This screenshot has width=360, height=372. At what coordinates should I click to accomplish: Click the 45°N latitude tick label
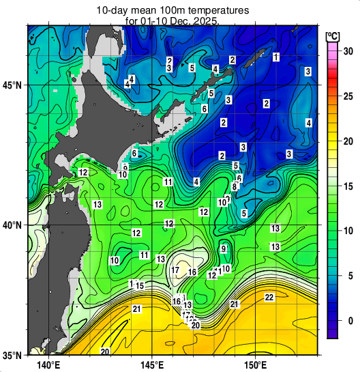click(x=13, y=85)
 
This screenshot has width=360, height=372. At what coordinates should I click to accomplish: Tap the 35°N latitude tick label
click(x=13, y=356)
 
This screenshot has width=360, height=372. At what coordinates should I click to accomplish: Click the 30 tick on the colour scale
click(x=346, y=51)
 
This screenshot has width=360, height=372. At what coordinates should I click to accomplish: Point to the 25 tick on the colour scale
click(x=346, y=96)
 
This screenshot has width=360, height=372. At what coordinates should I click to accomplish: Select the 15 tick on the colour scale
click(x=346, y=186)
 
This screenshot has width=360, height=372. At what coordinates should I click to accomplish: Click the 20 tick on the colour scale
click(x=346, y=141)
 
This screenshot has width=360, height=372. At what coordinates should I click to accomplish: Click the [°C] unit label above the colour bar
click(x=333, y=35)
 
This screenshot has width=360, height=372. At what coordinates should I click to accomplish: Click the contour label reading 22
click(x=269, y=298)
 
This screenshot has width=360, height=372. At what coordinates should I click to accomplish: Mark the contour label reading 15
click(x=139, y=286)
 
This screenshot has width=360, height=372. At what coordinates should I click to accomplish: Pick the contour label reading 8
click(x=235, y=186)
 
